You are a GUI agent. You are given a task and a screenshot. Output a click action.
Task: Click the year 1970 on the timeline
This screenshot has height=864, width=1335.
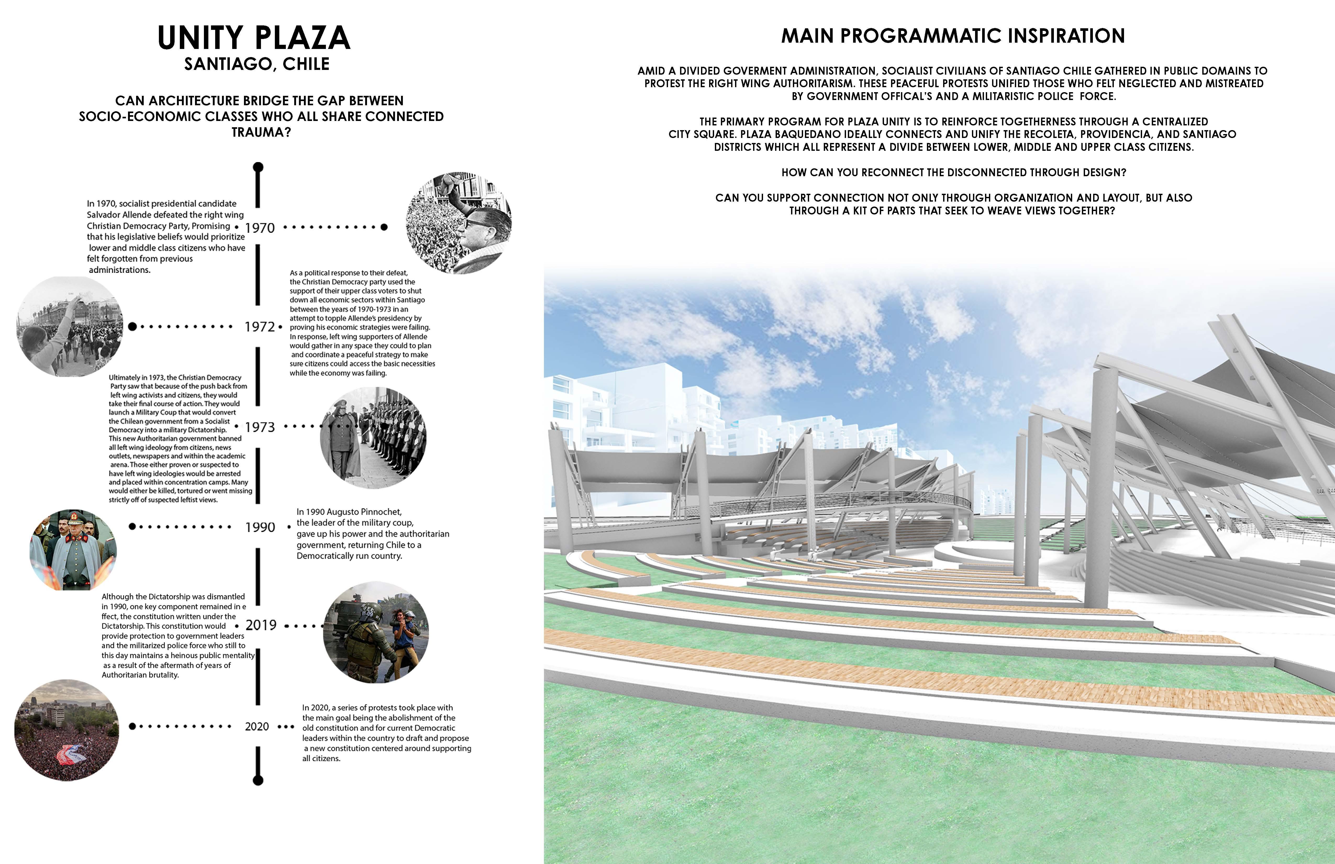[x=260, y=228]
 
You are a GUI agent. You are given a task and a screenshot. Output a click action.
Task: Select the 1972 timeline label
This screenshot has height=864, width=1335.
[x=260, y=326]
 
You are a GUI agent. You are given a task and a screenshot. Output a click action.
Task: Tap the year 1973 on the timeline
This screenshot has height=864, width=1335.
[x=260, y=427]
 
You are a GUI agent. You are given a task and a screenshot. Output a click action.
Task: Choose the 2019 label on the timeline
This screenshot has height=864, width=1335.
[x=261, y=625]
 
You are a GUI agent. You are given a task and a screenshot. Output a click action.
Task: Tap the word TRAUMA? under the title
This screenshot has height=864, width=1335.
[x=262, y=132]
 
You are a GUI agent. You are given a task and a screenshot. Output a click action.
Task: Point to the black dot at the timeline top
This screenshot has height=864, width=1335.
[x=258, y=167]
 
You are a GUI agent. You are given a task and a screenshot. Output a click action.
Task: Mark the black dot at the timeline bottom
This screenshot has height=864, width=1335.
[x=258, y=780]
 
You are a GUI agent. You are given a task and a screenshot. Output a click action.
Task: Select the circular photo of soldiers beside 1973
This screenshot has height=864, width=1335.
[x=373, y=438]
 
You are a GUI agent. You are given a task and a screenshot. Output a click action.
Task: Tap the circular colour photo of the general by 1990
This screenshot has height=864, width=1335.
[x=73, y=550]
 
